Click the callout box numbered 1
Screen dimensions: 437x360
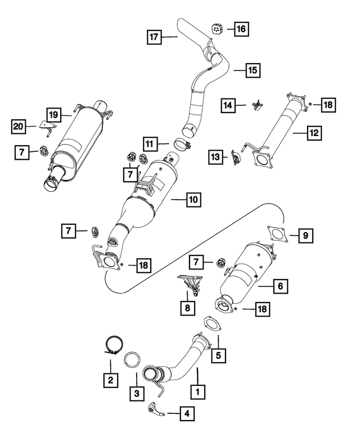coord(197,389)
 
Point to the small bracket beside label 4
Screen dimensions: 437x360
coord(156,409)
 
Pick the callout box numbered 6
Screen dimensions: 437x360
coord(280,286)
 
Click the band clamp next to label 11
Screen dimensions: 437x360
coord(181,146)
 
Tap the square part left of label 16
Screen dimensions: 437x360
coord(217,28)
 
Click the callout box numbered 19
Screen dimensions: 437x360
coord(52,114)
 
